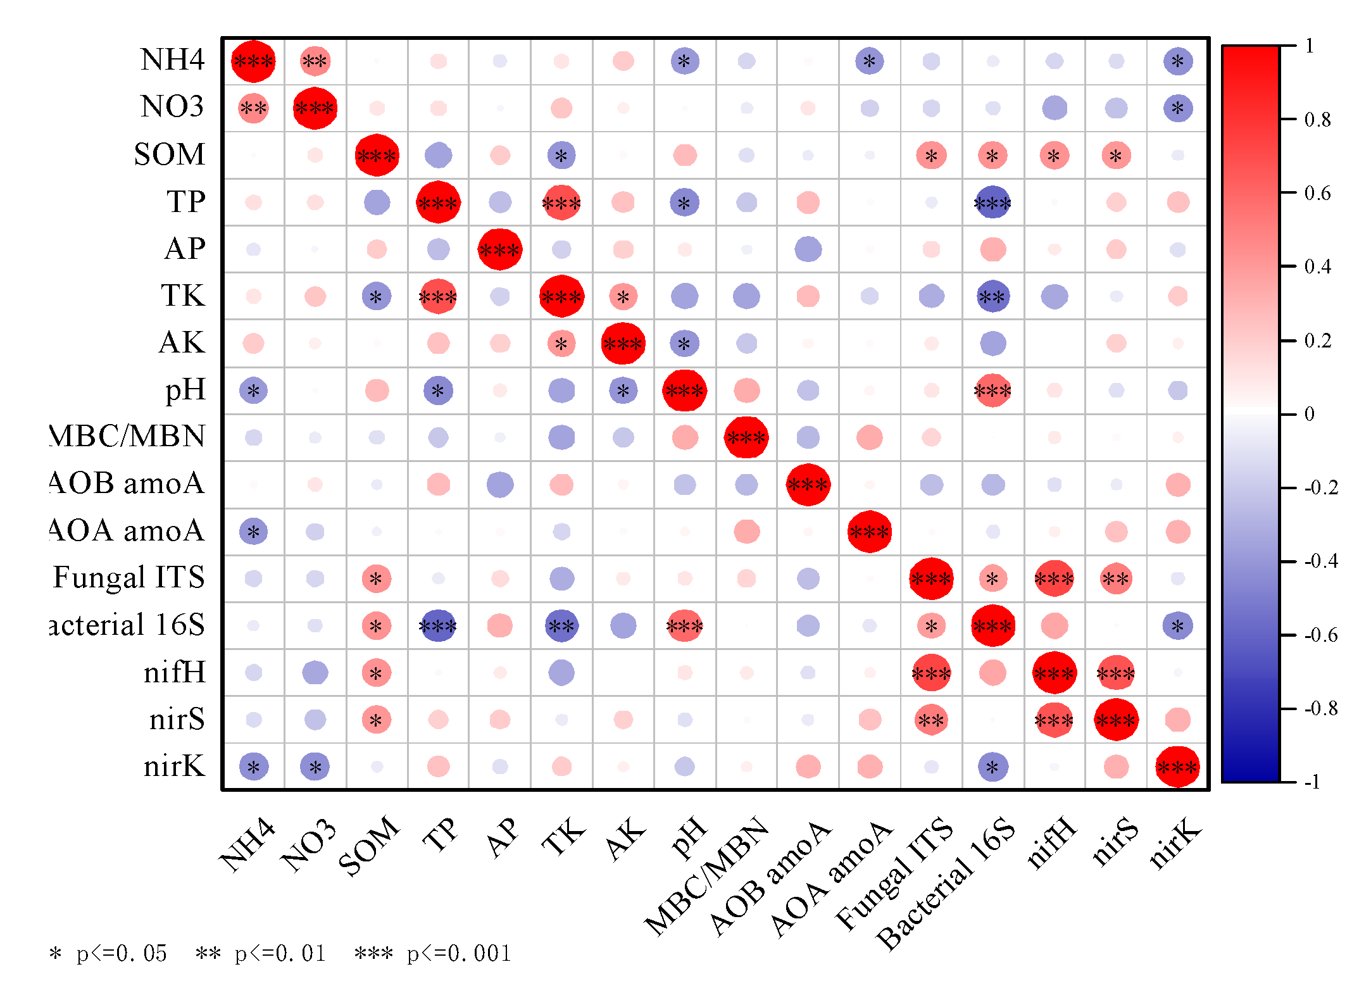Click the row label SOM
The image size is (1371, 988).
click(x=169, y=154)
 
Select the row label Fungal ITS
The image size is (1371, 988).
click(x=128, y=577)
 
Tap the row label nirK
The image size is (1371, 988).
click(x=174, y=766)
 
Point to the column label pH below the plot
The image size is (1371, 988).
click(x=689, y=838)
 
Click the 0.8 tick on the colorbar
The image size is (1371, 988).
click(x=1317, y=119)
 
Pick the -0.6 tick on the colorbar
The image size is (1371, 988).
click(x=1320, y=635)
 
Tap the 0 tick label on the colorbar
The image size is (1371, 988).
click(x=1310, y=414)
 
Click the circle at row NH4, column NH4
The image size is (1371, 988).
click(x=253, y=61)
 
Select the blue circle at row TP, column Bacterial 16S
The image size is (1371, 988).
click(x=992, y=203)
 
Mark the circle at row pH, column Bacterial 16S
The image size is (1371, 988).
click(x=992, y=391)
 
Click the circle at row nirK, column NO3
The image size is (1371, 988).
click(x=315, y=766)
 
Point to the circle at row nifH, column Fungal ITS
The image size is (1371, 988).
click(x=931, y=673)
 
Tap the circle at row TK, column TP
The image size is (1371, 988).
click(x=438, y=296)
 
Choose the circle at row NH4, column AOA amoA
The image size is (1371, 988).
click(x=869, y=61)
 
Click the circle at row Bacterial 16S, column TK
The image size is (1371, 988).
click(x=561, y=626)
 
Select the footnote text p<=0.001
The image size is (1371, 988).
click(x=459, y=953)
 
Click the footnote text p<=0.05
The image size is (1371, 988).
click(x=122, y=953)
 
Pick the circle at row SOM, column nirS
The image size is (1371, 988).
click(x=1116, y=155)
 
